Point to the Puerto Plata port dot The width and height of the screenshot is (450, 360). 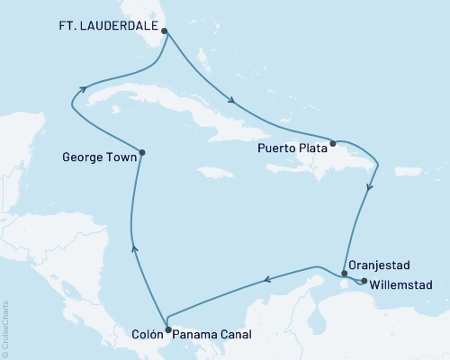pos(333,142)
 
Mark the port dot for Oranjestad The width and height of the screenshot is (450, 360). pos(345,273)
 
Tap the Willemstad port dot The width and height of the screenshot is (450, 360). pos(364,281)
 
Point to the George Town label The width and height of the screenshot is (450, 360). pos(99,156)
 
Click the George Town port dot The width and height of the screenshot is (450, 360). pos(142,152)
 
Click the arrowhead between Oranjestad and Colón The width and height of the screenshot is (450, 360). pos(267,283)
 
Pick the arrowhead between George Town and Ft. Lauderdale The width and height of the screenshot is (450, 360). pos(83,88)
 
